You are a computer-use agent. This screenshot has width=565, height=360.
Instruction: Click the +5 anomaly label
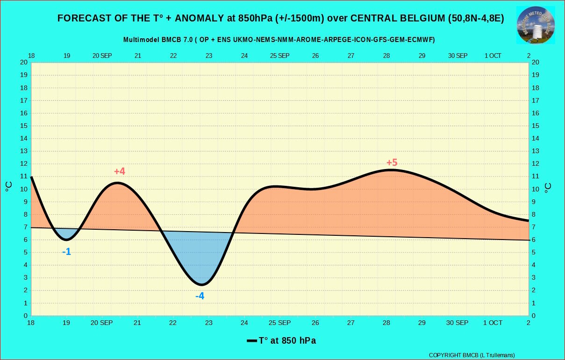click(392, 162)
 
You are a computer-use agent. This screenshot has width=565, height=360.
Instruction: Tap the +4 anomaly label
click(120, 171)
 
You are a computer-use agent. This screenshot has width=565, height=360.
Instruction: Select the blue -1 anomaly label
click(67, 252)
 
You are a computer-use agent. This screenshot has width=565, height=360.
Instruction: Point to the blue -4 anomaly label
click(200, 296)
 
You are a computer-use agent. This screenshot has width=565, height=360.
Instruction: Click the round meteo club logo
click(536, 26)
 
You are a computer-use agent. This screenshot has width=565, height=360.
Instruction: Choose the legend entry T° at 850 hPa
click(281, 341)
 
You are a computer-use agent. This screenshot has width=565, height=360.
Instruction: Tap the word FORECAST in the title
click(81, 18)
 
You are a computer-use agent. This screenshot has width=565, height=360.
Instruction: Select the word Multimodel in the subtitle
click(142, 40)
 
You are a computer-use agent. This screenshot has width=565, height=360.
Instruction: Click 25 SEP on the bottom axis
click(279, 323)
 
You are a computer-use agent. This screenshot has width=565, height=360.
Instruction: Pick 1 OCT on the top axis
click(493, 56)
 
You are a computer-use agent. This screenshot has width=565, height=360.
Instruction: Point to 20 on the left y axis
click(23, 62)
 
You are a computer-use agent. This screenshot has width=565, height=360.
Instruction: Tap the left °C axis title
click(9, 187)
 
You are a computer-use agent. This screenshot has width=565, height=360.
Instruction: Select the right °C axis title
click(548, 187)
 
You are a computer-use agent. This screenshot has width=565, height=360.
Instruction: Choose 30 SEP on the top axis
click(458, 56)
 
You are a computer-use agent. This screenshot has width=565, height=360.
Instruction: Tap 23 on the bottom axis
click(208, 323)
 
